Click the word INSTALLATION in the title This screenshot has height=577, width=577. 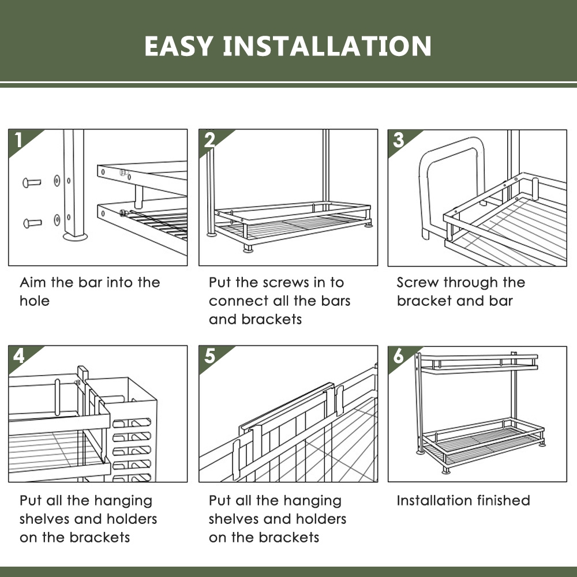pos(327,46)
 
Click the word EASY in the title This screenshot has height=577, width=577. pos(178,46)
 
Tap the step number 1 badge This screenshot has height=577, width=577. pos(19,140)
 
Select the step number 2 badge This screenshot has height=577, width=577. pos(209,140)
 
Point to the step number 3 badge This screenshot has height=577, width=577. pos(398,140)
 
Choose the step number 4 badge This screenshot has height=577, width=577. pos(19,356)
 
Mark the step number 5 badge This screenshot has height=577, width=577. pos(209,356)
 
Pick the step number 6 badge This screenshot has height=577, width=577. pos(398,357)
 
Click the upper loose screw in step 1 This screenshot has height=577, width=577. pos(32,182)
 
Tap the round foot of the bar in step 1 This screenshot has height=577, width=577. pos(76,235)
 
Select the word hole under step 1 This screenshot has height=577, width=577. pos(35,301)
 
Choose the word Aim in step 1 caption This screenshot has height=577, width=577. pos(32,283)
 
